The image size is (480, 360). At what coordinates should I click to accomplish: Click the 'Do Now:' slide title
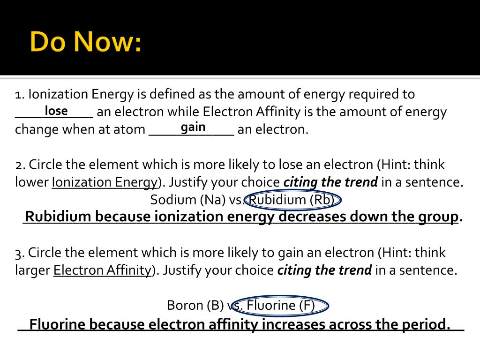click(x=86, y=43)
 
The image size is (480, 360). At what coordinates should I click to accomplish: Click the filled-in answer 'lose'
click(x=56, y=111)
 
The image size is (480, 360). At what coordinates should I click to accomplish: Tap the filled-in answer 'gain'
click(x=193, y=127)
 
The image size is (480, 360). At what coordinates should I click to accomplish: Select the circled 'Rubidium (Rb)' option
click(x=292, y=200)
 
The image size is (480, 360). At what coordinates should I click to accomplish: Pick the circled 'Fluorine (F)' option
click(x=280, y=306)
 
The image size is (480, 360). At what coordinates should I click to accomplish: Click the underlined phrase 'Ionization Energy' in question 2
click(x=105, y=182)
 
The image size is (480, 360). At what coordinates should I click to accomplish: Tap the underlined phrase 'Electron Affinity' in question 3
click(x=102, y=270)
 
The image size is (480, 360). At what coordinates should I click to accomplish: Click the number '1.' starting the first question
click(x=19, y=95)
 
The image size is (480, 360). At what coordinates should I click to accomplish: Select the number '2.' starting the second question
click(x=20, y=165)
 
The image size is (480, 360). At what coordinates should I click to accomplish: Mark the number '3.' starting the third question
click(x=20, y=253)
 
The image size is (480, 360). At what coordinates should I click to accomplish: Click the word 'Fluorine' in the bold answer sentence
click(x=57, y=324)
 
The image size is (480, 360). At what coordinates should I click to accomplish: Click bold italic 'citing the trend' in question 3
click(x=324, y=270)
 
